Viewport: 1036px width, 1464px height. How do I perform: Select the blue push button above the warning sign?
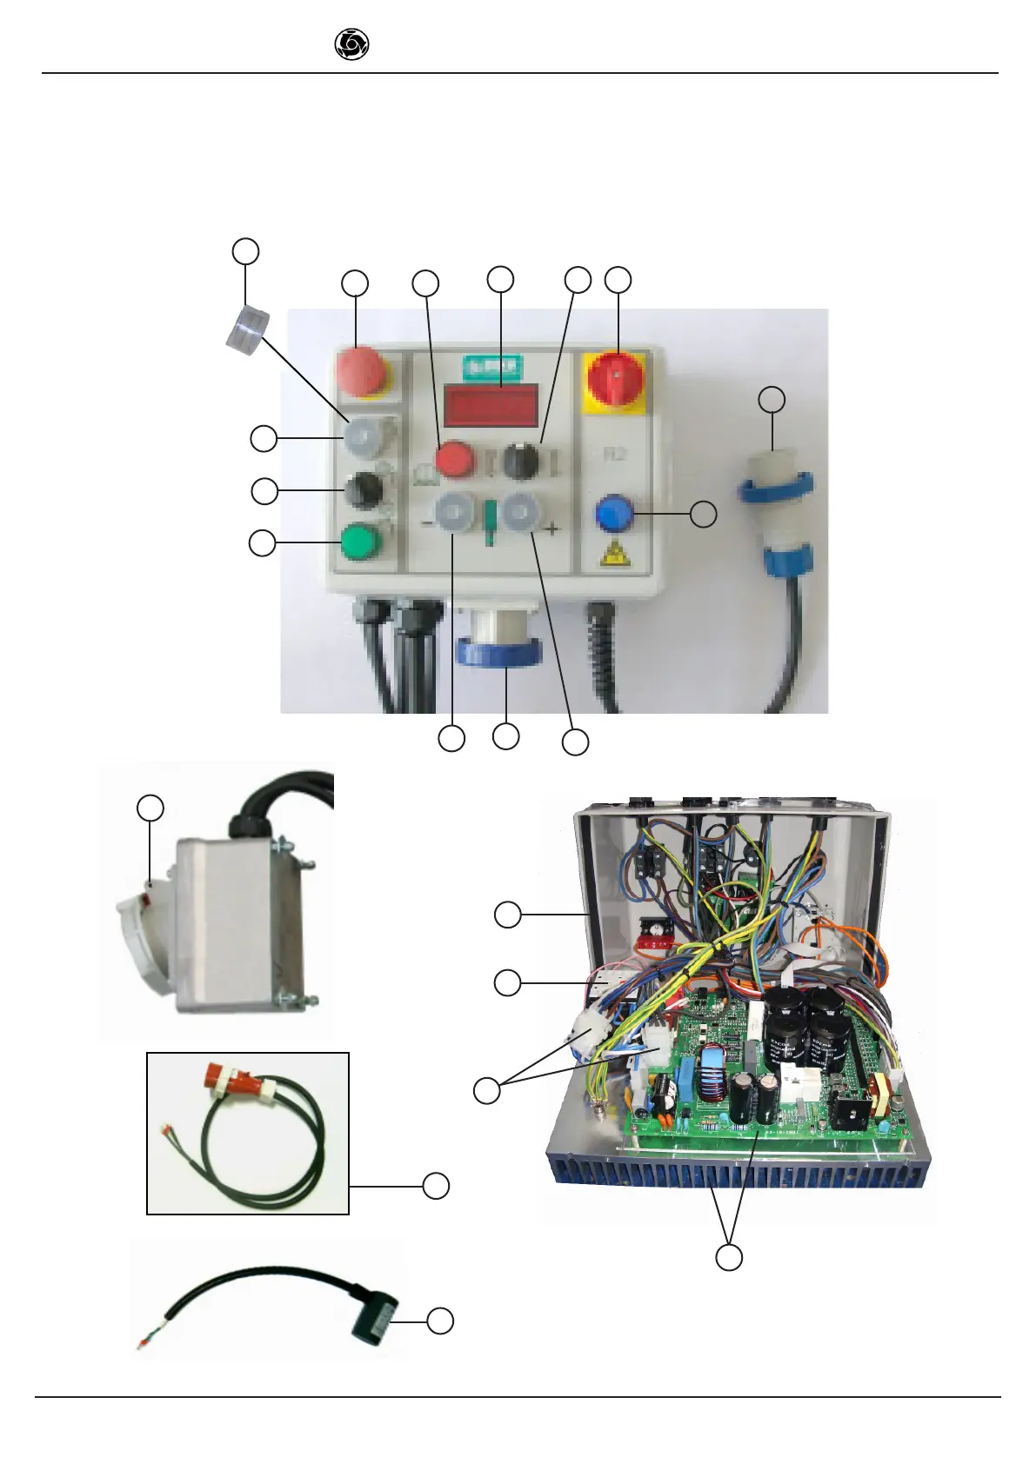pos(613,514)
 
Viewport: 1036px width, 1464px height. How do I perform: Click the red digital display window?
pos(491,405)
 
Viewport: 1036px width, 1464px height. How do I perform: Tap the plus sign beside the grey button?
pos(551,529)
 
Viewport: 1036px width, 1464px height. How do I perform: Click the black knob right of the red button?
pos(521,460)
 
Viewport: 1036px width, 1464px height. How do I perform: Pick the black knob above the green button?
pos(362,490)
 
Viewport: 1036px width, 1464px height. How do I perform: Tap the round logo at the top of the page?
pos(351,44)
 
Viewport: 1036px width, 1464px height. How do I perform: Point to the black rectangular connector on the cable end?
pos(375,1321)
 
